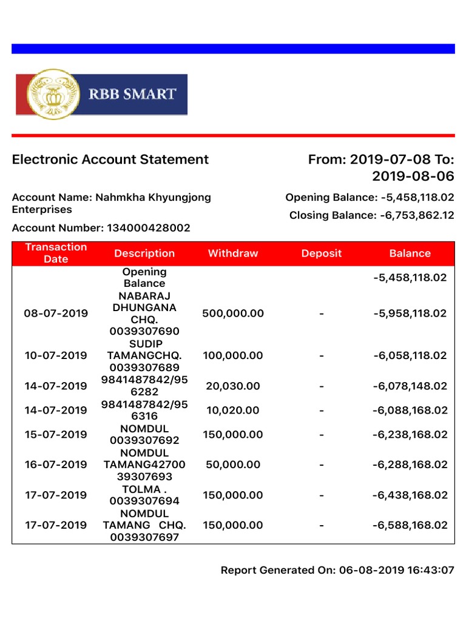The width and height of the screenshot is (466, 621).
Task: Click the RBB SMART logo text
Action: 133,94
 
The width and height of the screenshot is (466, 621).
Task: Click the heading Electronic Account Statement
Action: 110,159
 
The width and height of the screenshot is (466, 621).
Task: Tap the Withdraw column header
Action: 233,253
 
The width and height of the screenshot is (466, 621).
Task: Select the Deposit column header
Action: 322,253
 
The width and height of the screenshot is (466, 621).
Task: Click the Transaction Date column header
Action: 56,253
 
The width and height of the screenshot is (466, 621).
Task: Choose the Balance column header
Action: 410,253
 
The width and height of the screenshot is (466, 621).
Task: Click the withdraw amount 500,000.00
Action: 233,314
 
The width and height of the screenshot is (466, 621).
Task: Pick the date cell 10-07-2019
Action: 56,356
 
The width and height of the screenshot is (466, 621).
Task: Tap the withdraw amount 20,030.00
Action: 233,386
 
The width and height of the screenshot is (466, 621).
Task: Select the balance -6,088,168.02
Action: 410,411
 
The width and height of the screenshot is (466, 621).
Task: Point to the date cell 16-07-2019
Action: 56,465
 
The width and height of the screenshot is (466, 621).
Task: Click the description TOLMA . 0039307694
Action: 144,495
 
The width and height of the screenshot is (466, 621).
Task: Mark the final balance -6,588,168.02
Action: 410,525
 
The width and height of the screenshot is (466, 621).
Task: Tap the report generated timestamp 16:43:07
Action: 431,570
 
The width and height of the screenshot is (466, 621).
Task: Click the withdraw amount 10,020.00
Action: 233,411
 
